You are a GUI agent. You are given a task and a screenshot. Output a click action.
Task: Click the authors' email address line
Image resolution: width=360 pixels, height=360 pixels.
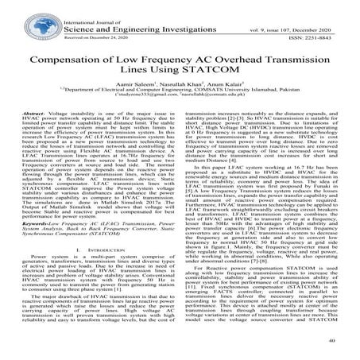point(180,109)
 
